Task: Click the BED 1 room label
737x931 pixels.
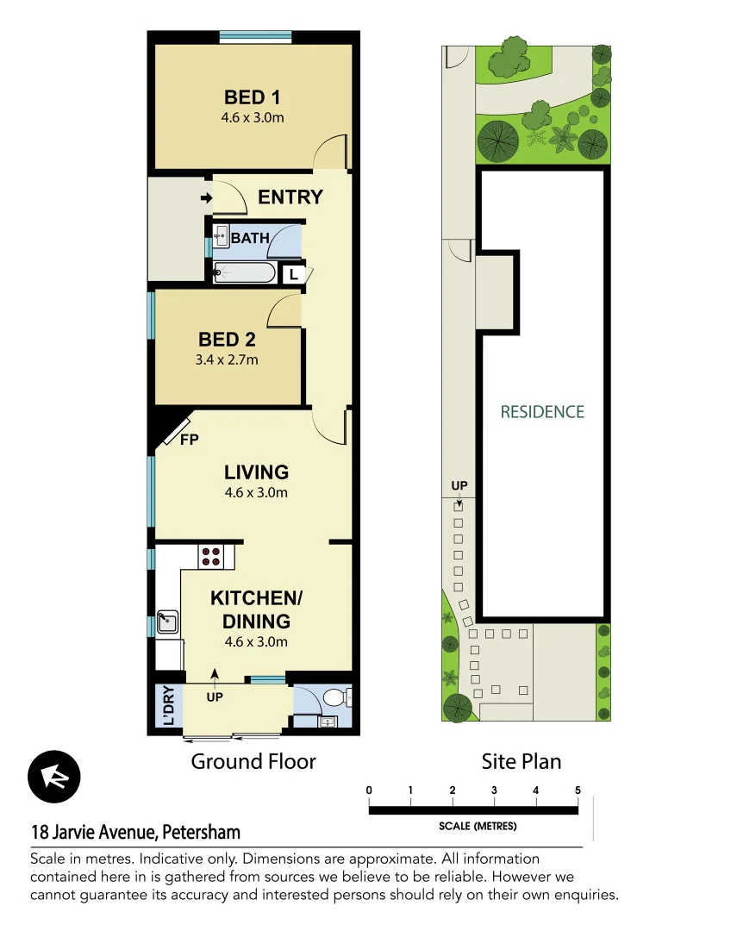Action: point(253,97)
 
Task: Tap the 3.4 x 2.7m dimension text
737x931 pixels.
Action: point(227,359)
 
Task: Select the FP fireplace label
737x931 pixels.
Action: point(189,440)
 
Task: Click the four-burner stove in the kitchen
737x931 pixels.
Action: point(210,556)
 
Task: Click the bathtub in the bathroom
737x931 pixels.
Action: point(245,273)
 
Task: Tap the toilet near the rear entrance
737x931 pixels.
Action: point(337,697)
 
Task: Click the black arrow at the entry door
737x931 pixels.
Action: point(206,199)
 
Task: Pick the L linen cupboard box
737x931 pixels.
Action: point(294,274)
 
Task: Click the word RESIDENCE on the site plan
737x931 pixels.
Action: point(542,412)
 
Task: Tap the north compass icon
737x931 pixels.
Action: point(54,777)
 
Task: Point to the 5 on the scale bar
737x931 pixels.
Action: point(578,790)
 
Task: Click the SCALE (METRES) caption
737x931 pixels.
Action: point(478,826)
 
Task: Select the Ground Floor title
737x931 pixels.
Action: point(253,761)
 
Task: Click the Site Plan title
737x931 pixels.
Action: point(521,761)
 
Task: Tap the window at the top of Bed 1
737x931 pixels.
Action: point(254,36)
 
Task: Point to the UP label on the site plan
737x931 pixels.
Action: point(459,487)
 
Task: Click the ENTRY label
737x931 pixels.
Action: point(290,197)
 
